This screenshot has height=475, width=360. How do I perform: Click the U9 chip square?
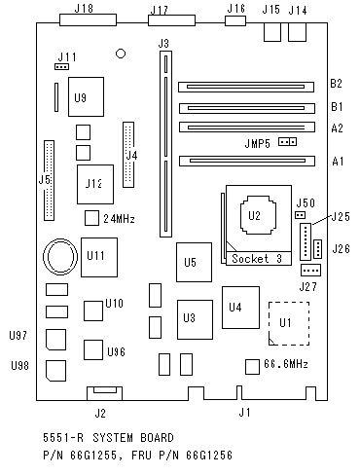coord(86,96)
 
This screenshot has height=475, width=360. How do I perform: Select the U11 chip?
coord(99,257)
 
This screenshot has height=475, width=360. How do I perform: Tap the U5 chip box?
coord(194,262)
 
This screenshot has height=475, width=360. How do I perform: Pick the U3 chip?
coord(195,319)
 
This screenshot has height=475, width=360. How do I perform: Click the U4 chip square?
coord(240,308)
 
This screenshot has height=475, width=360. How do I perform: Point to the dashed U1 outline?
coord(270,323)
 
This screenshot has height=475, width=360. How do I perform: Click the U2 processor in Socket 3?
coord(259,214)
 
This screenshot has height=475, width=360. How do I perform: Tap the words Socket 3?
coord(257,259)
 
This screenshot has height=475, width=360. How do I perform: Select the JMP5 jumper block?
coord(287,142)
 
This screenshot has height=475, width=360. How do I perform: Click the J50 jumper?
coord(301,215)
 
